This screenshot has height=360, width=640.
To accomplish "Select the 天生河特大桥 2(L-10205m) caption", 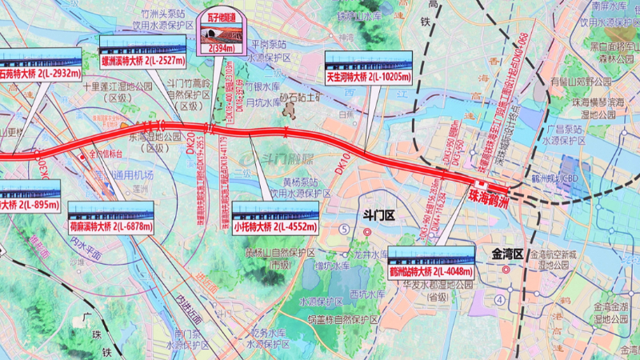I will pos(368,78).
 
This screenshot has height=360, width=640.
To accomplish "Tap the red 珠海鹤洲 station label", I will pos(490,194).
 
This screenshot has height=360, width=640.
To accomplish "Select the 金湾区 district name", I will pos(506,254).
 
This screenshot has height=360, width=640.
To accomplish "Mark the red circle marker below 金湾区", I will pos(506,270).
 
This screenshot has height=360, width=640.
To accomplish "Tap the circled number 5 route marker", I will pos(345,229).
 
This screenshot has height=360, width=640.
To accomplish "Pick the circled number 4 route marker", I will pos(501,300).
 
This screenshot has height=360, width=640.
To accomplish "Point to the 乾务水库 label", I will pos(269,332).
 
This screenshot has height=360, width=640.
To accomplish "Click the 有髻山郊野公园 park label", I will pos(583,80).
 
